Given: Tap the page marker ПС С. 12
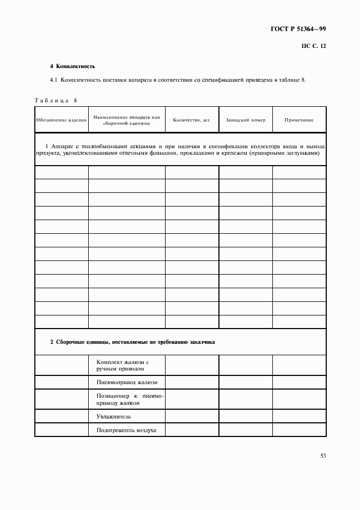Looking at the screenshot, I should pyautogui.click(x=313, y=46).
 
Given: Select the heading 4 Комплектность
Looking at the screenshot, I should pyautogui.click(x=72, y=66).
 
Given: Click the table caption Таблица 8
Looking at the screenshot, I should pyautogui.click(x=57, y=101).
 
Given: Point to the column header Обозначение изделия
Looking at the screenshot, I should pyautogui.click(x=62, y=120).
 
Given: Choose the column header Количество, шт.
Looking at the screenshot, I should pyautogui.click(x=192, y=120).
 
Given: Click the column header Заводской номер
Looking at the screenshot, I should pyautogui.click(x=245, y=120).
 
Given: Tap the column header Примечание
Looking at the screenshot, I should pyautogui.click(x=299, y=120).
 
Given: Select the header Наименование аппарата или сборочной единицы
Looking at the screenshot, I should pyautogui.click(x=126, y=120).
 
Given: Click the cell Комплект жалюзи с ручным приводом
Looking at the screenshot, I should pyautogui.click(x=123, y=365).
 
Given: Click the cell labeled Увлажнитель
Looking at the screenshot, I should pyautogui.click(x=113, y=416).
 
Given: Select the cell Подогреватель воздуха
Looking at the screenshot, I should pyautogui.click(x=126, y=430).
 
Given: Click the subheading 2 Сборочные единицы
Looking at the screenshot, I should pyautogui.click(x=132, y=343).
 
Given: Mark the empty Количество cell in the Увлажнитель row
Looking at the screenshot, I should pyautogui.click(x=192, y=416).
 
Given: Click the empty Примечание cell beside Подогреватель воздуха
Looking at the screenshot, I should pyautogui.click(x=299, y=430).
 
